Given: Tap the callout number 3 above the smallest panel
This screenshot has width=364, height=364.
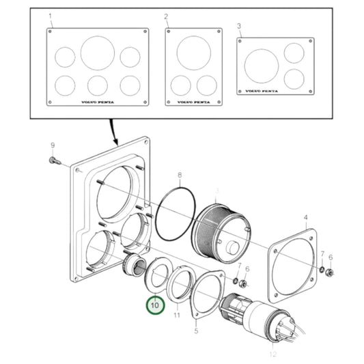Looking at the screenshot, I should coord(239,25).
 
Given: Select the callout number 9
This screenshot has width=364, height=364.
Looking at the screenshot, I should coord(52,146).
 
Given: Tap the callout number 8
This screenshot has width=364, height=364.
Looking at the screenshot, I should coord(180,176).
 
